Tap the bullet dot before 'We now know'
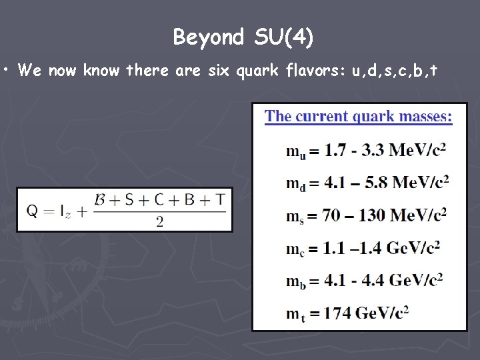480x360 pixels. click(x=5, y=69)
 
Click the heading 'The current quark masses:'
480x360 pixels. click(x=359, y=117)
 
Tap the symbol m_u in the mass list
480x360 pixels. click(x=296, y=151)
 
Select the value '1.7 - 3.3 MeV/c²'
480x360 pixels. click(x=385, y=149)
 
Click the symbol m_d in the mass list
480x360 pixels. click(x=296, y=183)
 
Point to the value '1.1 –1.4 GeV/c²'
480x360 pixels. click(x=382, y=247)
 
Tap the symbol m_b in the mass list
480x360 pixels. click(x=296, y=281)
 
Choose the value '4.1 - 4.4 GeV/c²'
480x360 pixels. click(x=384, y=279)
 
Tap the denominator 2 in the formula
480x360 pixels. click(x=159, y=222)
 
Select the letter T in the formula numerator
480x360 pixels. click(x=221, y=199)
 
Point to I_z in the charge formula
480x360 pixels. click(x=65, y=211)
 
